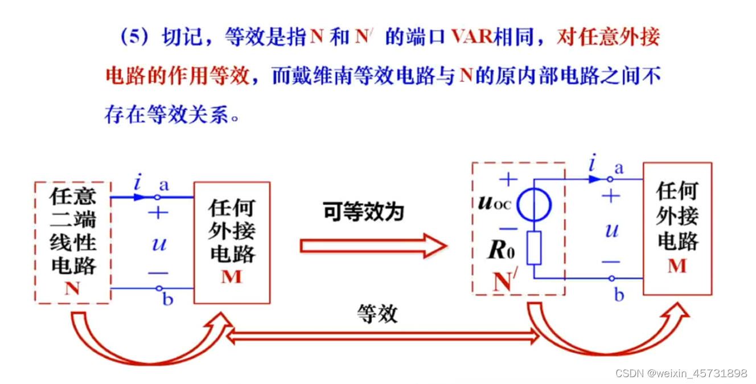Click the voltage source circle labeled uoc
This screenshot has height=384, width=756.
534,206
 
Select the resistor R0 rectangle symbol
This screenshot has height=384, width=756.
534,248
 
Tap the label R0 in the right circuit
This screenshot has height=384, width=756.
502,250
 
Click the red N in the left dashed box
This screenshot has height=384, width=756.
72,288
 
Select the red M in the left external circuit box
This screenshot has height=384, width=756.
231,276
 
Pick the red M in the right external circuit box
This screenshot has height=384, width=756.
677,265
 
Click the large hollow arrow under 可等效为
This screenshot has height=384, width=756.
373,246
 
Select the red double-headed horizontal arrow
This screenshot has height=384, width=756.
383,337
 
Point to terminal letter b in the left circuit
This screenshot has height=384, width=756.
167,300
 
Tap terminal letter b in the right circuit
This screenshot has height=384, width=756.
619,295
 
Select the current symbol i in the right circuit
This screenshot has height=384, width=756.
593,165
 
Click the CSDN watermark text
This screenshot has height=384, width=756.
681,373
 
